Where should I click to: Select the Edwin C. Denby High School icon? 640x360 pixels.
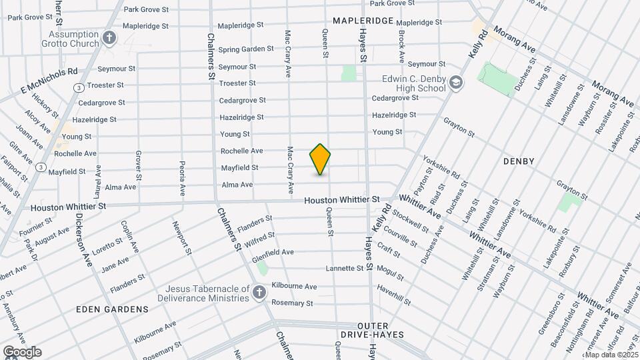point(456,83)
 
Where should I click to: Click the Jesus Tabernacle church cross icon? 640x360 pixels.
point(259,292)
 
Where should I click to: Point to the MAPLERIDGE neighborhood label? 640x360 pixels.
point(363,21)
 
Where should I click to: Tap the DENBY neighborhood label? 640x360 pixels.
point(519,161)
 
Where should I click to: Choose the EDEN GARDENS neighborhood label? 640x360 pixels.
point(112,309)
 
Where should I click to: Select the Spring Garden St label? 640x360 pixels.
point(246,49)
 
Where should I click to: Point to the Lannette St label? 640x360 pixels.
point(344,269)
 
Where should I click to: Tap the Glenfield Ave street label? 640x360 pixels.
point(273,252)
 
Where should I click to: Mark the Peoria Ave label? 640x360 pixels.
point(181,178)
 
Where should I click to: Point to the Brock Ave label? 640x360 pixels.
point(401,45)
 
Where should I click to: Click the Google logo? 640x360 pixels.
point(21,352)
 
